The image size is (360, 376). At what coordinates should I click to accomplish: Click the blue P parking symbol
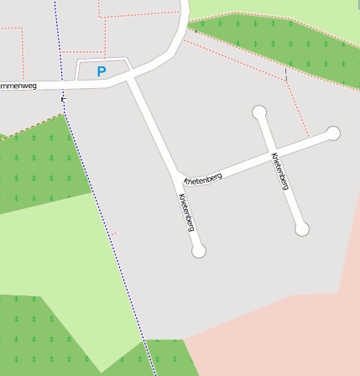tap(102, 72)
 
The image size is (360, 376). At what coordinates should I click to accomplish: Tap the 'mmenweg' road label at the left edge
tap(20, 85)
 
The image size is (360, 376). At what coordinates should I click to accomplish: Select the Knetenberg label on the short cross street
tap(281, 171)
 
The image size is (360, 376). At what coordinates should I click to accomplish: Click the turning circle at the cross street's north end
tap(259, 112)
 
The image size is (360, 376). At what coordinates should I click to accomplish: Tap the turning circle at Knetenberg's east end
tap(333, 133)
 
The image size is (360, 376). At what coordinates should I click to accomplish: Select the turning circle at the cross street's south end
tap(302, 228)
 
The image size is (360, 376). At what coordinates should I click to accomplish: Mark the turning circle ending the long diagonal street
tap(199, 251)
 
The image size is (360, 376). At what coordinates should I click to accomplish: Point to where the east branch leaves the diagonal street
tap(179, 176)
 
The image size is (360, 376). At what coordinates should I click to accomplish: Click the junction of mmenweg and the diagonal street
tap(128, 81)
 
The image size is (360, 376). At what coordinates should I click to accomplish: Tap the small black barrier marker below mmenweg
tap(63, 100)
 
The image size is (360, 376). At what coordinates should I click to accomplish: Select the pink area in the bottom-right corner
tap(285, 336)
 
